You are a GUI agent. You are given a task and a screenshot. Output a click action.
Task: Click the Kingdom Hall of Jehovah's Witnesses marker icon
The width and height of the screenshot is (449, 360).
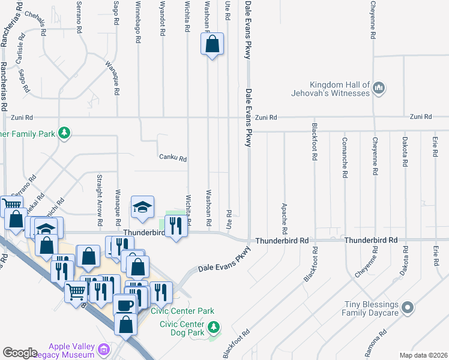pos(379,88)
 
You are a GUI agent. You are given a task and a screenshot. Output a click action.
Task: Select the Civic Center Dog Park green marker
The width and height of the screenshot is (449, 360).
pos(213,328)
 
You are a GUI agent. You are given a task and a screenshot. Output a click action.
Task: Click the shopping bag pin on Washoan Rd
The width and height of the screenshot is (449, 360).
pos(212,44)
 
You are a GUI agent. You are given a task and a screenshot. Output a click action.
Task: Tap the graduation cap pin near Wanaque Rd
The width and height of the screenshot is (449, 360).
pos(142,208)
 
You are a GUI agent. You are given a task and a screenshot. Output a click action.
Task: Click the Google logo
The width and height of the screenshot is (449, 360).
pos(20,353)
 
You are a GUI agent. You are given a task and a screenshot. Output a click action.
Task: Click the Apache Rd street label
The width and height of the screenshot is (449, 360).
pos(284,218)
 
